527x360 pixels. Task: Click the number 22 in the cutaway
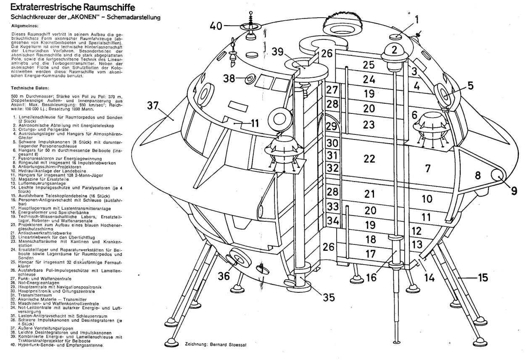[369, 159]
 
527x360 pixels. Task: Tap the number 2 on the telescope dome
[394, 50]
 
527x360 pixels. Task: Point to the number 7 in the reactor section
[428, 169]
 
